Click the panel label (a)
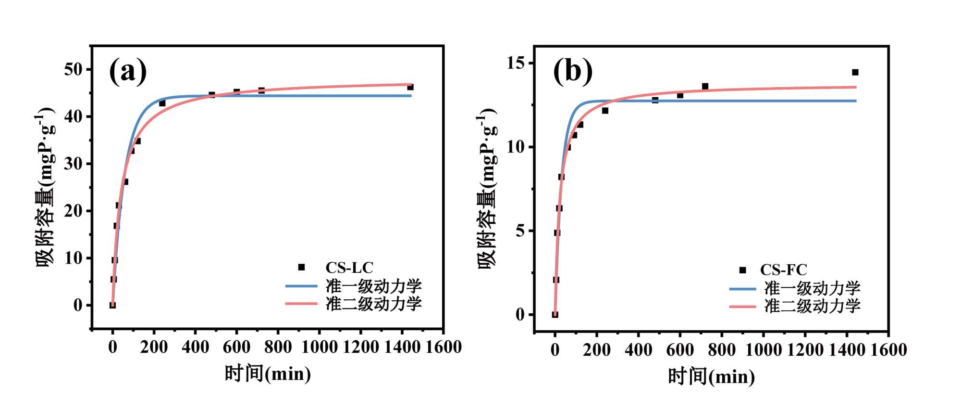(128, 71)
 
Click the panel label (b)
(573, 71)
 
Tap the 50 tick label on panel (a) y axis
(74, 69)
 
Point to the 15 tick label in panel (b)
(517, 63)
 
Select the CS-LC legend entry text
(349, 268)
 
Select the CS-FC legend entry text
(783, 270)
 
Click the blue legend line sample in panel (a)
(301, 286)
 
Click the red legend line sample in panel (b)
(743, 306)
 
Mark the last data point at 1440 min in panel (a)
(410, 87)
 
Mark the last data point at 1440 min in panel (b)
(855, 72)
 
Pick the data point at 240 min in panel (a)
(162, 103)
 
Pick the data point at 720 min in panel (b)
(705, 86)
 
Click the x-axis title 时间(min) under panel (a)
(268, 374)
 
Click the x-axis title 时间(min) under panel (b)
(711, 376)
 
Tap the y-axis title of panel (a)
(46, 188)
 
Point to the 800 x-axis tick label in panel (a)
(278, 347)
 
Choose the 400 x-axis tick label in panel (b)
(639, 350)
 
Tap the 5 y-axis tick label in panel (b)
(520, 231)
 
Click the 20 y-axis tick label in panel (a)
(74, 211)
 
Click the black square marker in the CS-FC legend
(743, 270)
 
